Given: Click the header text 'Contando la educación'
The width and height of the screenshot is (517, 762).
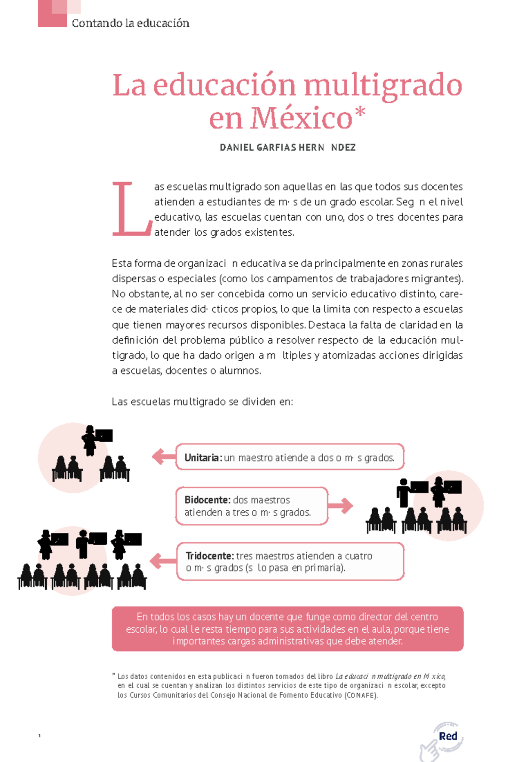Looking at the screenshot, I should [131, 23].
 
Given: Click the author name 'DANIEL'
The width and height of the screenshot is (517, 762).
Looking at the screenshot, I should [237, 148].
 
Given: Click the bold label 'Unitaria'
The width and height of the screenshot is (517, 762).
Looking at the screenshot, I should [202, 458].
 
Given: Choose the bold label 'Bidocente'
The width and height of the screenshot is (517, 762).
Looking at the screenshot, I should [207, 500].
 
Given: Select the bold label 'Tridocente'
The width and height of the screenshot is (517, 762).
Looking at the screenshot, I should [209, 556].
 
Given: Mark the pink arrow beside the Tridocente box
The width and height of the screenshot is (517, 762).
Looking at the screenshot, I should [163, 561].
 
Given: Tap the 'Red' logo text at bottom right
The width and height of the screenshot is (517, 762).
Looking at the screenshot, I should [448, 736].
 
